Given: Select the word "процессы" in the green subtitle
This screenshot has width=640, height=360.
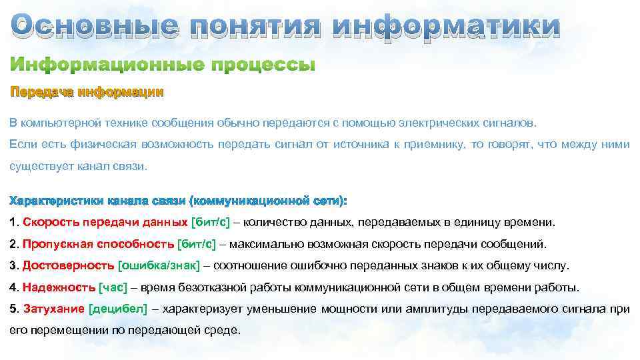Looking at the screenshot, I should tap(263, 66).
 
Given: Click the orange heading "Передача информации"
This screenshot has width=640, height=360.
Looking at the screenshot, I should tap(86, 92).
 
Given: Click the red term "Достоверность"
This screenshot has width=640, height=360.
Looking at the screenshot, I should tap(69, 266).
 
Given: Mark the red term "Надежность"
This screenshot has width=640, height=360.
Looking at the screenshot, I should tap(59, 288).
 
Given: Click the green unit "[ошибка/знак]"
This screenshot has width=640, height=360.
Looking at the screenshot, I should tap(159, 266).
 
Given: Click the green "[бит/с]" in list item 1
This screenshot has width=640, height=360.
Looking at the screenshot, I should tap(211, 222).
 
